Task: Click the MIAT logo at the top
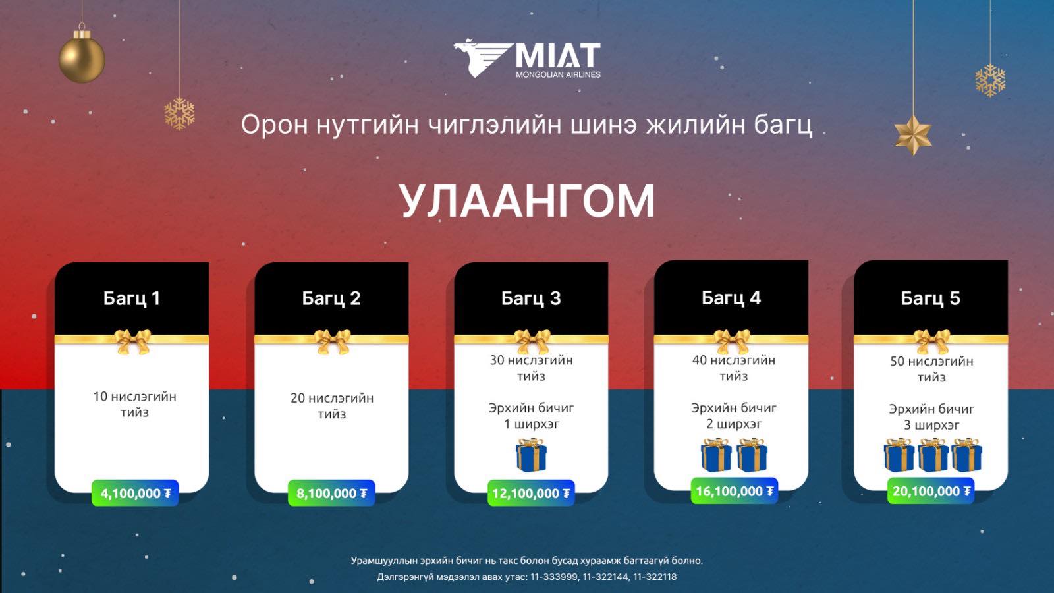point(527,59)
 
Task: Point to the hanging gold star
point(913,134)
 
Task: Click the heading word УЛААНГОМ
point(527,202)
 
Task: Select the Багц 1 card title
point(132,298)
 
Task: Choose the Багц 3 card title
point(531,298)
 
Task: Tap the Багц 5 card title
point(930,298)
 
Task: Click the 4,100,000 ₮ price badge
point(135,494)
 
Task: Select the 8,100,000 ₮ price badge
point(331,494)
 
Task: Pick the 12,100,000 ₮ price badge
point(531,494)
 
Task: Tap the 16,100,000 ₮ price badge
point(734,491)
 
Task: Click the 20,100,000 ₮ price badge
point(931,491)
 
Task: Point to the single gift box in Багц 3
point(531,455)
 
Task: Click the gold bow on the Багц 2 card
point(332,341)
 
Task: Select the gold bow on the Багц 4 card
point(731,341)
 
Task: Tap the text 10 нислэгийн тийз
point(134,405)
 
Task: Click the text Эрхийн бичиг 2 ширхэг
point(734,416)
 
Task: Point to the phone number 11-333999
point(554,577)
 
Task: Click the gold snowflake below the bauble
point(179,114)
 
